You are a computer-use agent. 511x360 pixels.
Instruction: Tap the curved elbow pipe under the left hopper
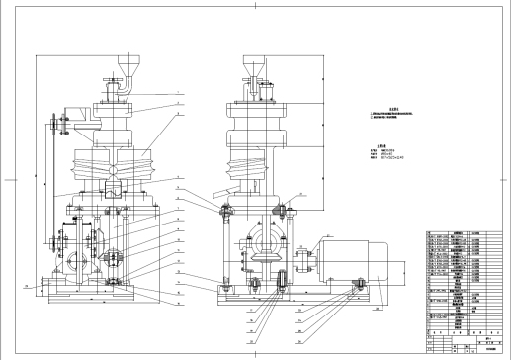coord(118,87)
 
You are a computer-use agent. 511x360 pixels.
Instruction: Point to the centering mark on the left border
coord(7,180)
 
